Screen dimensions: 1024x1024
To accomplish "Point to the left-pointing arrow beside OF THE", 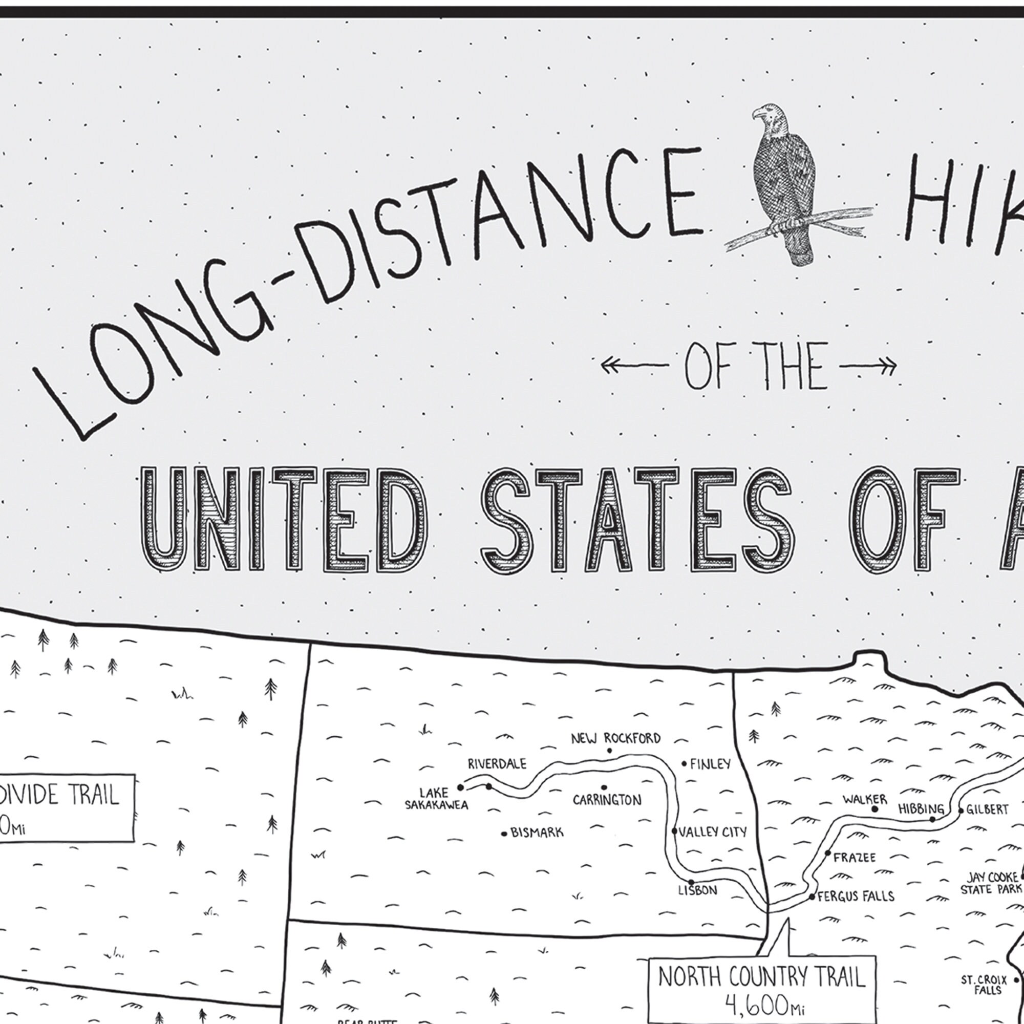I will tap(634, 365).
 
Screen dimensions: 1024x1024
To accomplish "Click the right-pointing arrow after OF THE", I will tap(867, 366).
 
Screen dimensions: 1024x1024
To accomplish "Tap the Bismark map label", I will tap(537, 833).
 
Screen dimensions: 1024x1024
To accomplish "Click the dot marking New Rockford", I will tap(609, 751).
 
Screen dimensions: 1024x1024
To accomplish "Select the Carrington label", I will tap(607, 800).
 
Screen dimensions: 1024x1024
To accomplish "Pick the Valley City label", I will tap(712, 832).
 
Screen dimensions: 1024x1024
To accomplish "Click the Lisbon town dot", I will tap(691, 883).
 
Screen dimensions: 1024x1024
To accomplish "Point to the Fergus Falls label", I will tap(856, 897).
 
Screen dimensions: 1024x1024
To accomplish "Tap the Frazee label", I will tap(855, 858).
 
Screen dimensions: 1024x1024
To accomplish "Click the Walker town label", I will tap(864, 799).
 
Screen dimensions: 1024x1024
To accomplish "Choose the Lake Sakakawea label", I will tap(436, 799).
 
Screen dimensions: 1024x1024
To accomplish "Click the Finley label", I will tap(710, 764).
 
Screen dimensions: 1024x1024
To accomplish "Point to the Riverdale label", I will tap(497, 764).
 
